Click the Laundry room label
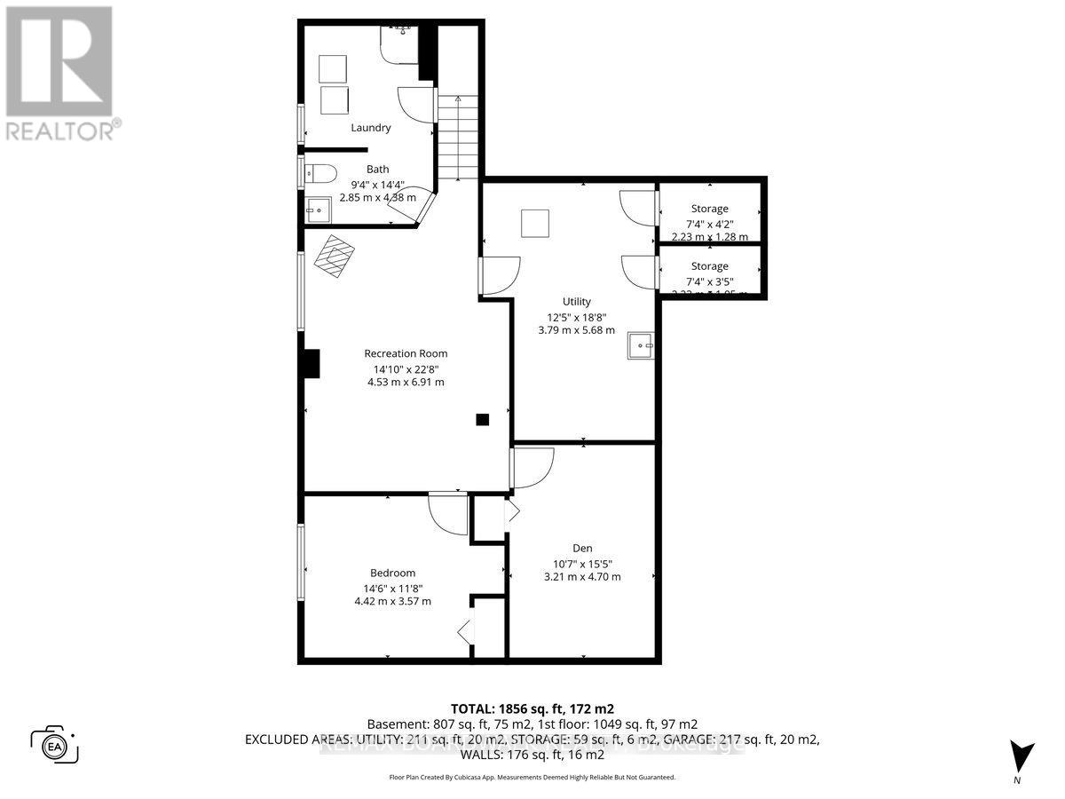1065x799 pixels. pyautogui.click(x=370, y=127)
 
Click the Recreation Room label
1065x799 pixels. pyautogui.click(x=405, y=353)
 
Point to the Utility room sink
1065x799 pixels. pyautogui.click(x=640, y=345)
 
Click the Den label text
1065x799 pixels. pyautogui.click(x=582, y=548)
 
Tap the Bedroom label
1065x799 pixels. pyautogui.click(x=392, y=573)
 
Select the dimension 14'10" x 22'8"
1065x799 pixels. pyautogui.click(x=405, y=368)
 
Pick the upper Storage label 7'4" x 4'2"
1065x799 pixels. pyautogui.click(x=710, y=224)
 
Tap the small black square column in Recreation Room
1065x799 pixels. pyautogui.click(x=482, y=420)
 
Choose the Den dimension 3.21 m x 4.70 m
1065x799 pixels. pyautogui.click(x=582, y=577)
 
